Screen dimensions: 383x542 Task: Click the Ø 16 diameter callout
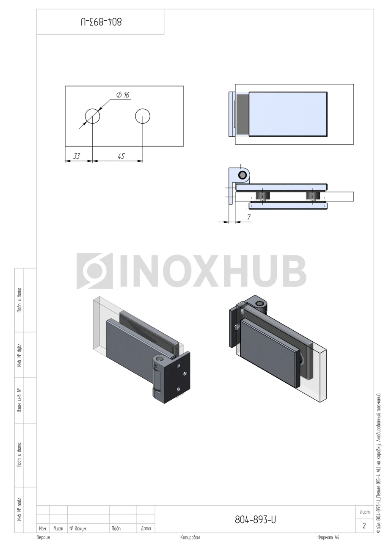pyautogui.click(x=123, y=95)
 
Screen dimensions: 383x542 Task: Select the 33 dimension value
pyautogui.click(x=77, y=156)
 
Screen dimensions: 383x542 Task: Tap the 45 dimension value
pyautogui.click(x=121, y=156)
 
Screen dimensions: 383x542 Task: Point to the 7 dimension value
pyautogui.click(x=249, y=217)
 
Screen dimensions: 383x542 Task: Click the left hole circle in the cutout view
pyautogui.click(x=93, y=109)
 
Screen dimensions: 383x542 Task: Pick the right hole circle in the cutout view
pyautogui.click(x=143, y=109)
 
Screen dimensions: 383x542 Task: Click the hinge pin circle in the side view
pyautogui.click(x=242, y=175)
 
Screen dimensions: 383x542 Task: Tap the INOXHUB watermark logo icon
pyautogui.click(x=95, y=271)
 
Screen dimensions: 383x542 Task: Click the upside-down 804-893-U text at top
pyautogui.click(x=101, y=22)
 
